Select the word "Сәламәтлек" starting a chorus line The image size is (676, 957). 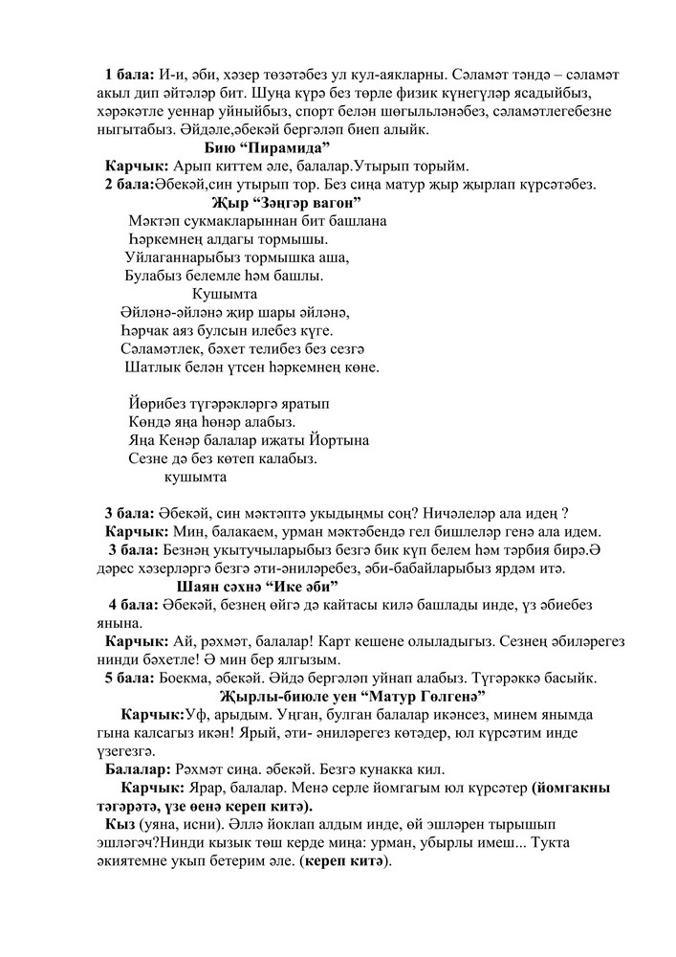coord(164,348)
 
